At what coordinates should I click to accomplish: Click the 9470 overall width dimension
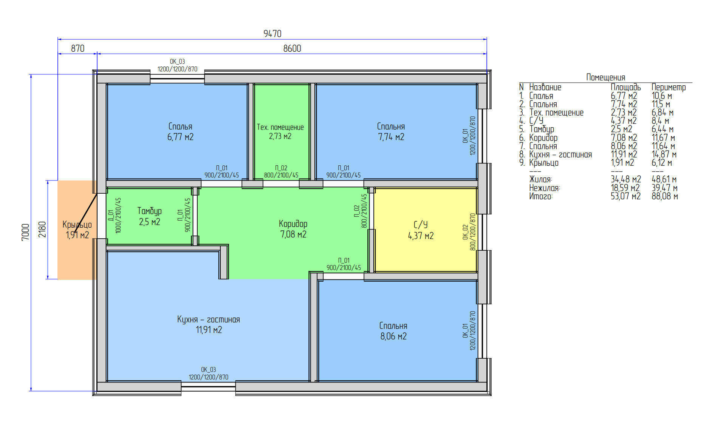(272, 34)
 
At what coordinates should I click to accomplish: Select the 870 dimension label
(77, 48)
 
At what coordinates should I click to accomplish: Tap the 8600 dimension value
(292, 48)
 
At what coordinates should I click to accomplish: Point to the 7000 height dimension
(25, 232)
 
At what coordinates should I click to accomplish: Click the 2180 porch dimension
(42, 230)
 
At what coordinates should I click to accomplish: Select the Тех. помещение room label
(280, 127)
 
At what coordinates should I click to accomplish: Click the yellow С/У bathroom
(426, 230)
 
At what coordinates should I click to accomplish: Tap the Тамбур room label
(149, 211)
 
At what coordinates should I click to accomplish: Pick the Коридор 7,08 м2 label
(293, 229)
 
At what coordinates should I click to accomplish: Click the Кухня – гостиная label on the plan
(209, 319)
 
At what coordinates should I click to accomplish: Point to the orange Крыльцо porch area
(77, 230)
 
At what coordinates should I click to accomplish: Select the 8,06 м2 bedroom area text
(393, 336)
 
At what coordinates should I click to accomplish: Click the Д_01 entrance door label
(111, 215)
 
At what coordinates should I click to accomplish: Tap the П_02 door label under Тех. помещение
(281, 168)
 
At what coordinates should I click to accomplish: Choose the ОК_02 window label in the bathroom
(465, 232)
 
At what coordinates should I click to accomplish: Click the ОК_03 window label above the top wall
(177, 62)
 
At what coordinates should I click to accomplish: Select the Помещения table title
(605, 77)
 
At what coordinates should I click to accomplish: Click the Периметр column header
(669, 87)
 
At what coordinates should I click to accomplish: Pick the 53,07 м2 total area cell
(626, 196)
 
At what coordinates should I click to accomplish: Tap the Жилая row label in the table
(540, 179)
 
